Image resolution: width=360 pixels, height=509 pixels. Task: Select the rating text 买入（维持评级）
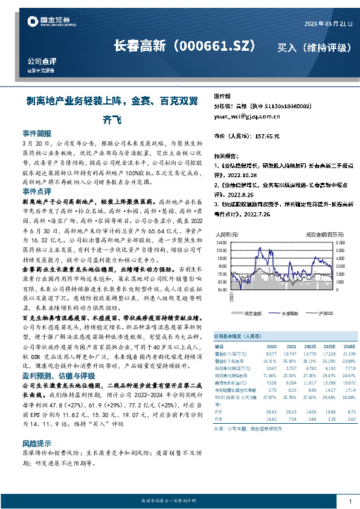point(311,47)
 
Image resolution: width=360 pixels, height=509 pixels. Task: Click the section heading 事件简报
point(37,132)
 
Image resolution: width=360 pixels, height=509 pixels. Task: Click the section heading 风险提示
point(37,443)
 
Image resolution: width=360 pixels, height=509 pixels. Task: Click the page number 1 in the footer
point(350,501)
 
